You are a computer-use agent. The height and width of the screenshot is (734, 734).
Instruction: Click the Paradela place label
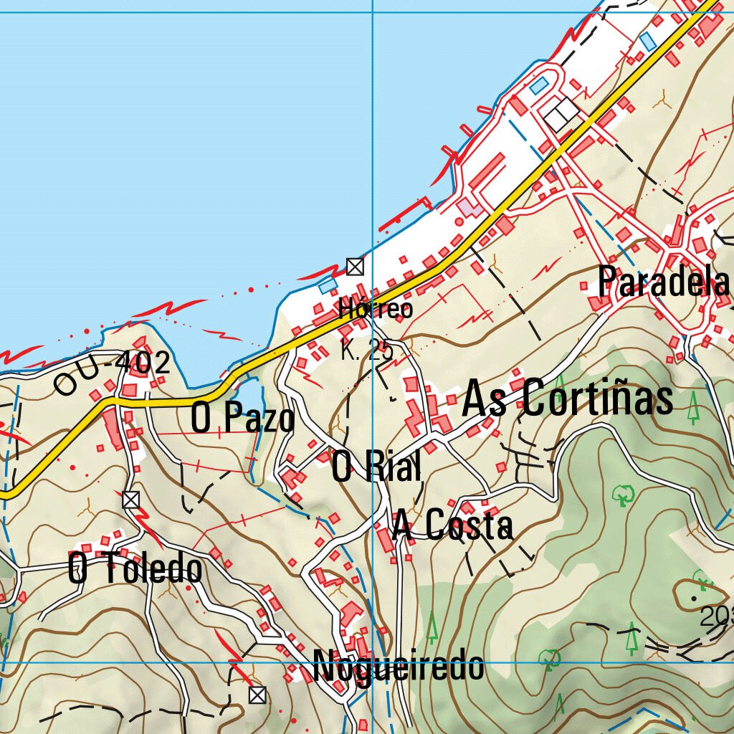(663, 282)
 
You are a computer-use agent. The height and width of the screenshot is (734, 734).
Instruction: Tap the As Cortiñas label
(568, 399)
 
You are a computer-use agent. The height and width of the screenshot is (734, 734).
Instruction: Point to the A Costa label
(452, 527)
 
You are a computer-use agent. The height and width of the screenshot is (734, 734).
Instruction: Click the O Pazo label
(242, 418)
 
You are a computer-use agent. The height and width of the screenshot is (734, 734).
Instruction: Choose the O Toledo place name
(135, 569)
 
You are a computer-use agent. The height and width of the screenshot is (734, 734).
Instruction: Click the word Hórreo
(376, 309)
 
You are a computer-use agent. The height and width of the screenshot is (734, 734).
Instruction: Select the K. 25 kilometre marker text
(366, 351)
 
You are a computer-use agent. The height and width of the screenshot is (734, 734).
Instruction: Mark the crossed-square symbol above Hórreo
(355, 267)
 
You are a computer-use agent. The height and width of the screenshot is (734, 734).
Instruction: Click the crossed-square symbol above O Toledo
(130, 500)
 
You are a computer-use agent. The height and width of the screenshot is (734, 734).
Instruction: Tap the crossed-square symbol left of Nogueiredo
(257, 694)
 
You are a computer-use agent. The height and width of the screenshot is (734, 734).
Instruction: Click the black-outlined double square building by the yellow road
(561, 115)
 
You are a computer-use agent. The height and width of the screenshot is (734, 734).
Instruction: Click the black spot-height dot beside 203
(694, 597)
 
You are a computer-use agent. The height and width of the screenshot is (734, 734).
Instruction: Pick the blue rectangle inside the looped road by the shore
(538, 86)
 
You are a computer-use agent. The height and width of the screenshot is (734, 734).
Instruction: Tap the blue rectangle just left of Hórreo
(328, 285)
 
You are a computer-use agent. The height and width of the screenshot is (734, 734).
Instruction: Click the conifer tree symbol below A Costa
(432, 628)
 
